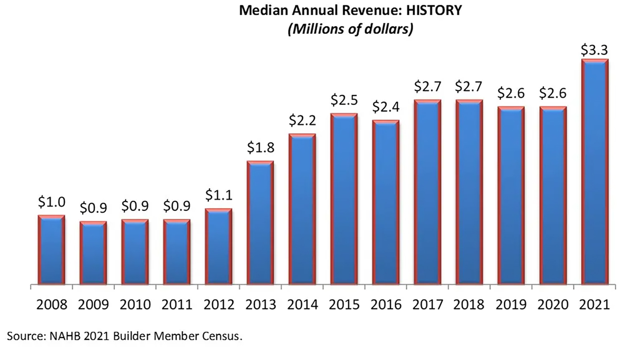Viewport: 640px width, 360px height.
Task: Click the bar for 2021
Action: [x=594, y=172]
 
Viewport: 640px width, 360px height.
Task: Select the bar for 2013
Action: [x=260, y=223]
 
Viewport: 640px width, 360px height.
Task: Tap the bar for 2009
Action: [x=93, y=253]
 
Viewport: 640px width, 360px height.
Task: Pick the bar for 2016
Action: [x=386, y=202]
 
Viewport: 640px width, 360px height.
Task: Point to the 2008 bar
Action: [x=51, y=250]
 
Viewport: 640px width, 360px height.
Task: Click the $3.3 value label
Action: [x=594, y=50]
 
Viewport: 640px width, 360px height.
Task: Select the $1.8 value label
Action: [x=260, y=148]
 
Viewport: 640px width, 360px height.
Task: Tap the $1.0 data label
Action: [x=52, y=202]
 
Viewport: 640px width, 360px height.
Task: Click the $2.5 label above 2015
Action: [x=344, y=100]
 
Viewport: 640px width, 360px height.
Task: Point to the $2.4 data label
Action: [x=386, y=107]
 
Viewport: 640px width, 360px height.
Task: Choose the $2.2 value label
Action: [x=302, y=120]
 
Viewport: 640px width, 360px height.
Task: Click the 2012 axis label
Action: [x=219, y=305]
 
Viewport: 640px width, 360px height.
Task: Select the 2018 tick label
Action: [x=469, y=305]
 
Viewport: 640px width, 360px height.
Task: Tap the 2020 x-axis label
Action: [x=552, y=305]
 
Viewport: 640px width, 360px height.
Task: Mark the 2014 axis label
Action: [x=302, y=305]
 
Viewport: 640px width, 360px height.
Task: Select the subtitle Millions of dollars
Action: [x=350, y=29]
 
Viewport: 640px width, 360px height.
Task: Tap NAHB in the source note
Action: [x=65, y=336]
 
